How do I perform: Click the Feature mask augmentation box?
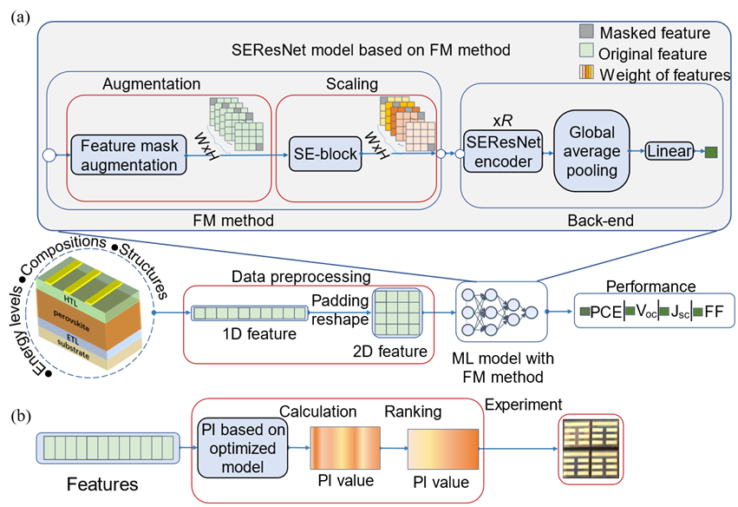128,155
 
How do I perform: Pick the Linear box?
669,152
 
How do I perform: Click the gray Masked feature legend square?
587,33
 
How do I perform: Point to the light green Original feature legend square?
587,54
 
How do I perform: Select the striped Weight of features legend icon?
587,75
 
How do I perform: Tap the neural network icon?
501,311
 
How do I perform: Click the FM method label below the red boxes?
232,221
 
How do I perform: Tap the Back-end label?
600,221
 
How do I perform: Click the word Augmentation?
151,84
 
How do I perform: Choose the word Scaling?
352,84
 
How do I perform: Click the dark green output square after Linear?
711,153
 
